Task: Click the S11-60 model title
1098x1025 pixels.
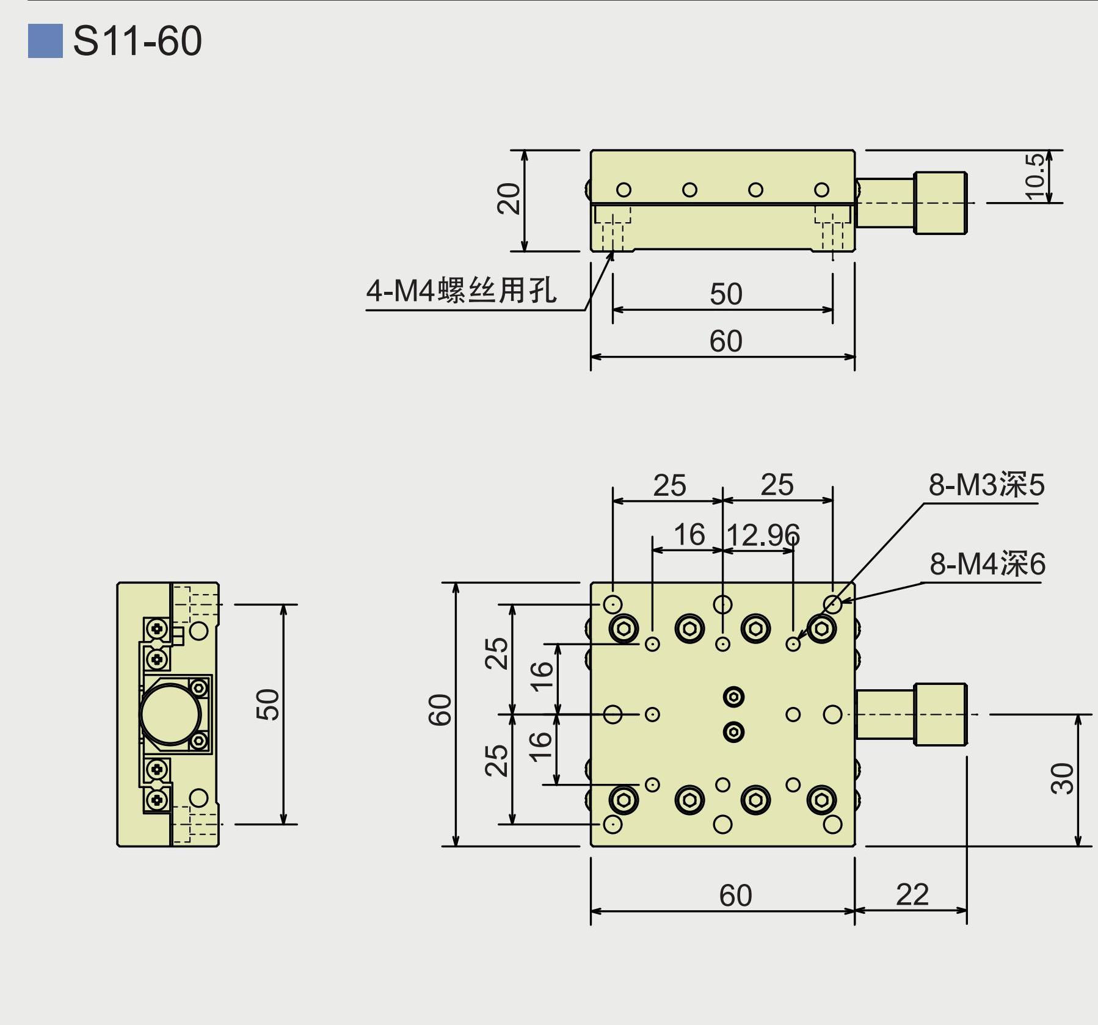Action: pyautogui.click(x=137, y=41)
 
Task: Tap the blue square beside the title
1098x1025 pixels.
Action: pyautogui.click(x=45, y=41)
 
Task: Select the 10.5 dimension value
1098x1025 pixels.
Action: pyautogui.click(x=1034, y=176)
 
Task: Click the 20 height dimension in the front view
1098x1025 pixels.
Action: pyautogui.click(x=509, y=199)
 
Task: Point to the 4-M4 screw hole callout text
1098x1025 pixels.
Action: pyautogui.click(x=461, y=290)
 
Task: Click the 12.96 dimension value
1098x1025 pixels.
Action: pyautogui.click(x=763, y=535)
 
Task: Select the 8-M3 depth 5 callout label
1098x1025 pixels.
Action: pyautogui.click(x=986, y=485)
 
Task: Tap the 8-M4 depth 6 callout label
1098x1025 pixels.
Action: pyautogui.click(x=987, y=563)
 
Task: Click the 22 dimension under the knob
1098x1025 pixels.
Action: pyautogui.click(x=912, y=895)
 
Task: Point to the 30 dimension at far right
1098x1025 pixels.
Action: pyautogui.click(x=1061, y=778)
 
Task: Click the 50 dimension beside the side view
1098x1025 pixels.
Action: pyautogui.click(x=267, y=704)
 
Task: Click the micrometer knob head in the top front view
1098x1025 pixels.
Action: pyautogui.click(x=940, y=203)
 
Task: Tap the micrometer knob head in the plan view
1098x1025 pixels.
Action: pyautogui.click(x=940, y=714)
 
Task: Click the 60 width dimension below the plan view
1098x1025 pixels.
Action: pyautogui.click(x=735, y=896)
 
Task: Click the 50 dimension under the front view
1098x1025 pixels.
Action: pyautogui.click(x=725, y=294)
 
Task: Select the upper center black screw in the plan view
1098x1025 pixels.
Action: pyautogui.click(x=733, y=697)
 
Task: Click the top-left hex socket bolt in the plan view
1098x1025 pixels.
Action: pyautogui.click(x=624, y=628)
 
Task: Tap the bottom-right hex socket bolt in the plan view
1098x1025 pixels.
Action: pyautogui.click(x=821, y=799)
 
